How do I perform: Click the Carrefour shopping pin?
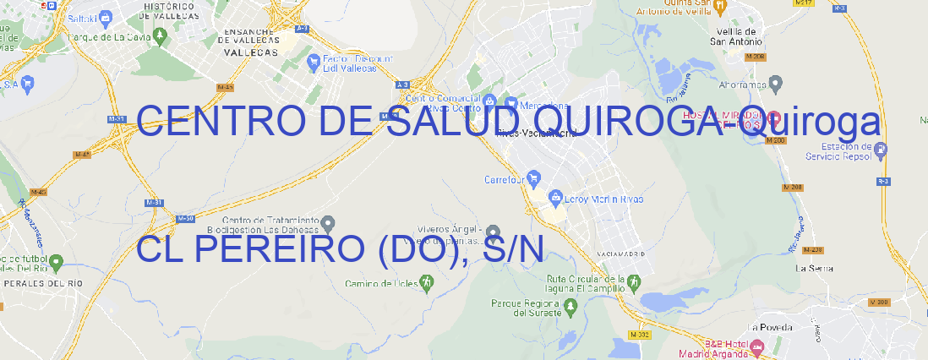(x=534, y=179)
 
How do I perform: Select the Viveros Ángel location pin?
(x=494, y=232)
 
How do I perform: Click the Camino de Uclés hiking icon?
(x=426, y=281)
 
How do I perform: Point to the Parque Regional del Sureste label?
(x=526, y=307)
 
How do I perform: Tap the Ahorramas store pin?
(x=777, y=84)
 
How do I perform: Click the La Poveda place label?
(x=771, y=327)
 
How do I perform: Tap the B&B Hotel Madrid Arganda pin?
(x=757, y=346)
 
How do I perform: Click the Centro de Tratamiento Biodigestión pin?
(x=329, y=224)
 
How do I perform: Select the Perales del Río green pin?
(x=56, y=263)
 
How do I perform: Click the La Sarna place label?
(x=815, y=268)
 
